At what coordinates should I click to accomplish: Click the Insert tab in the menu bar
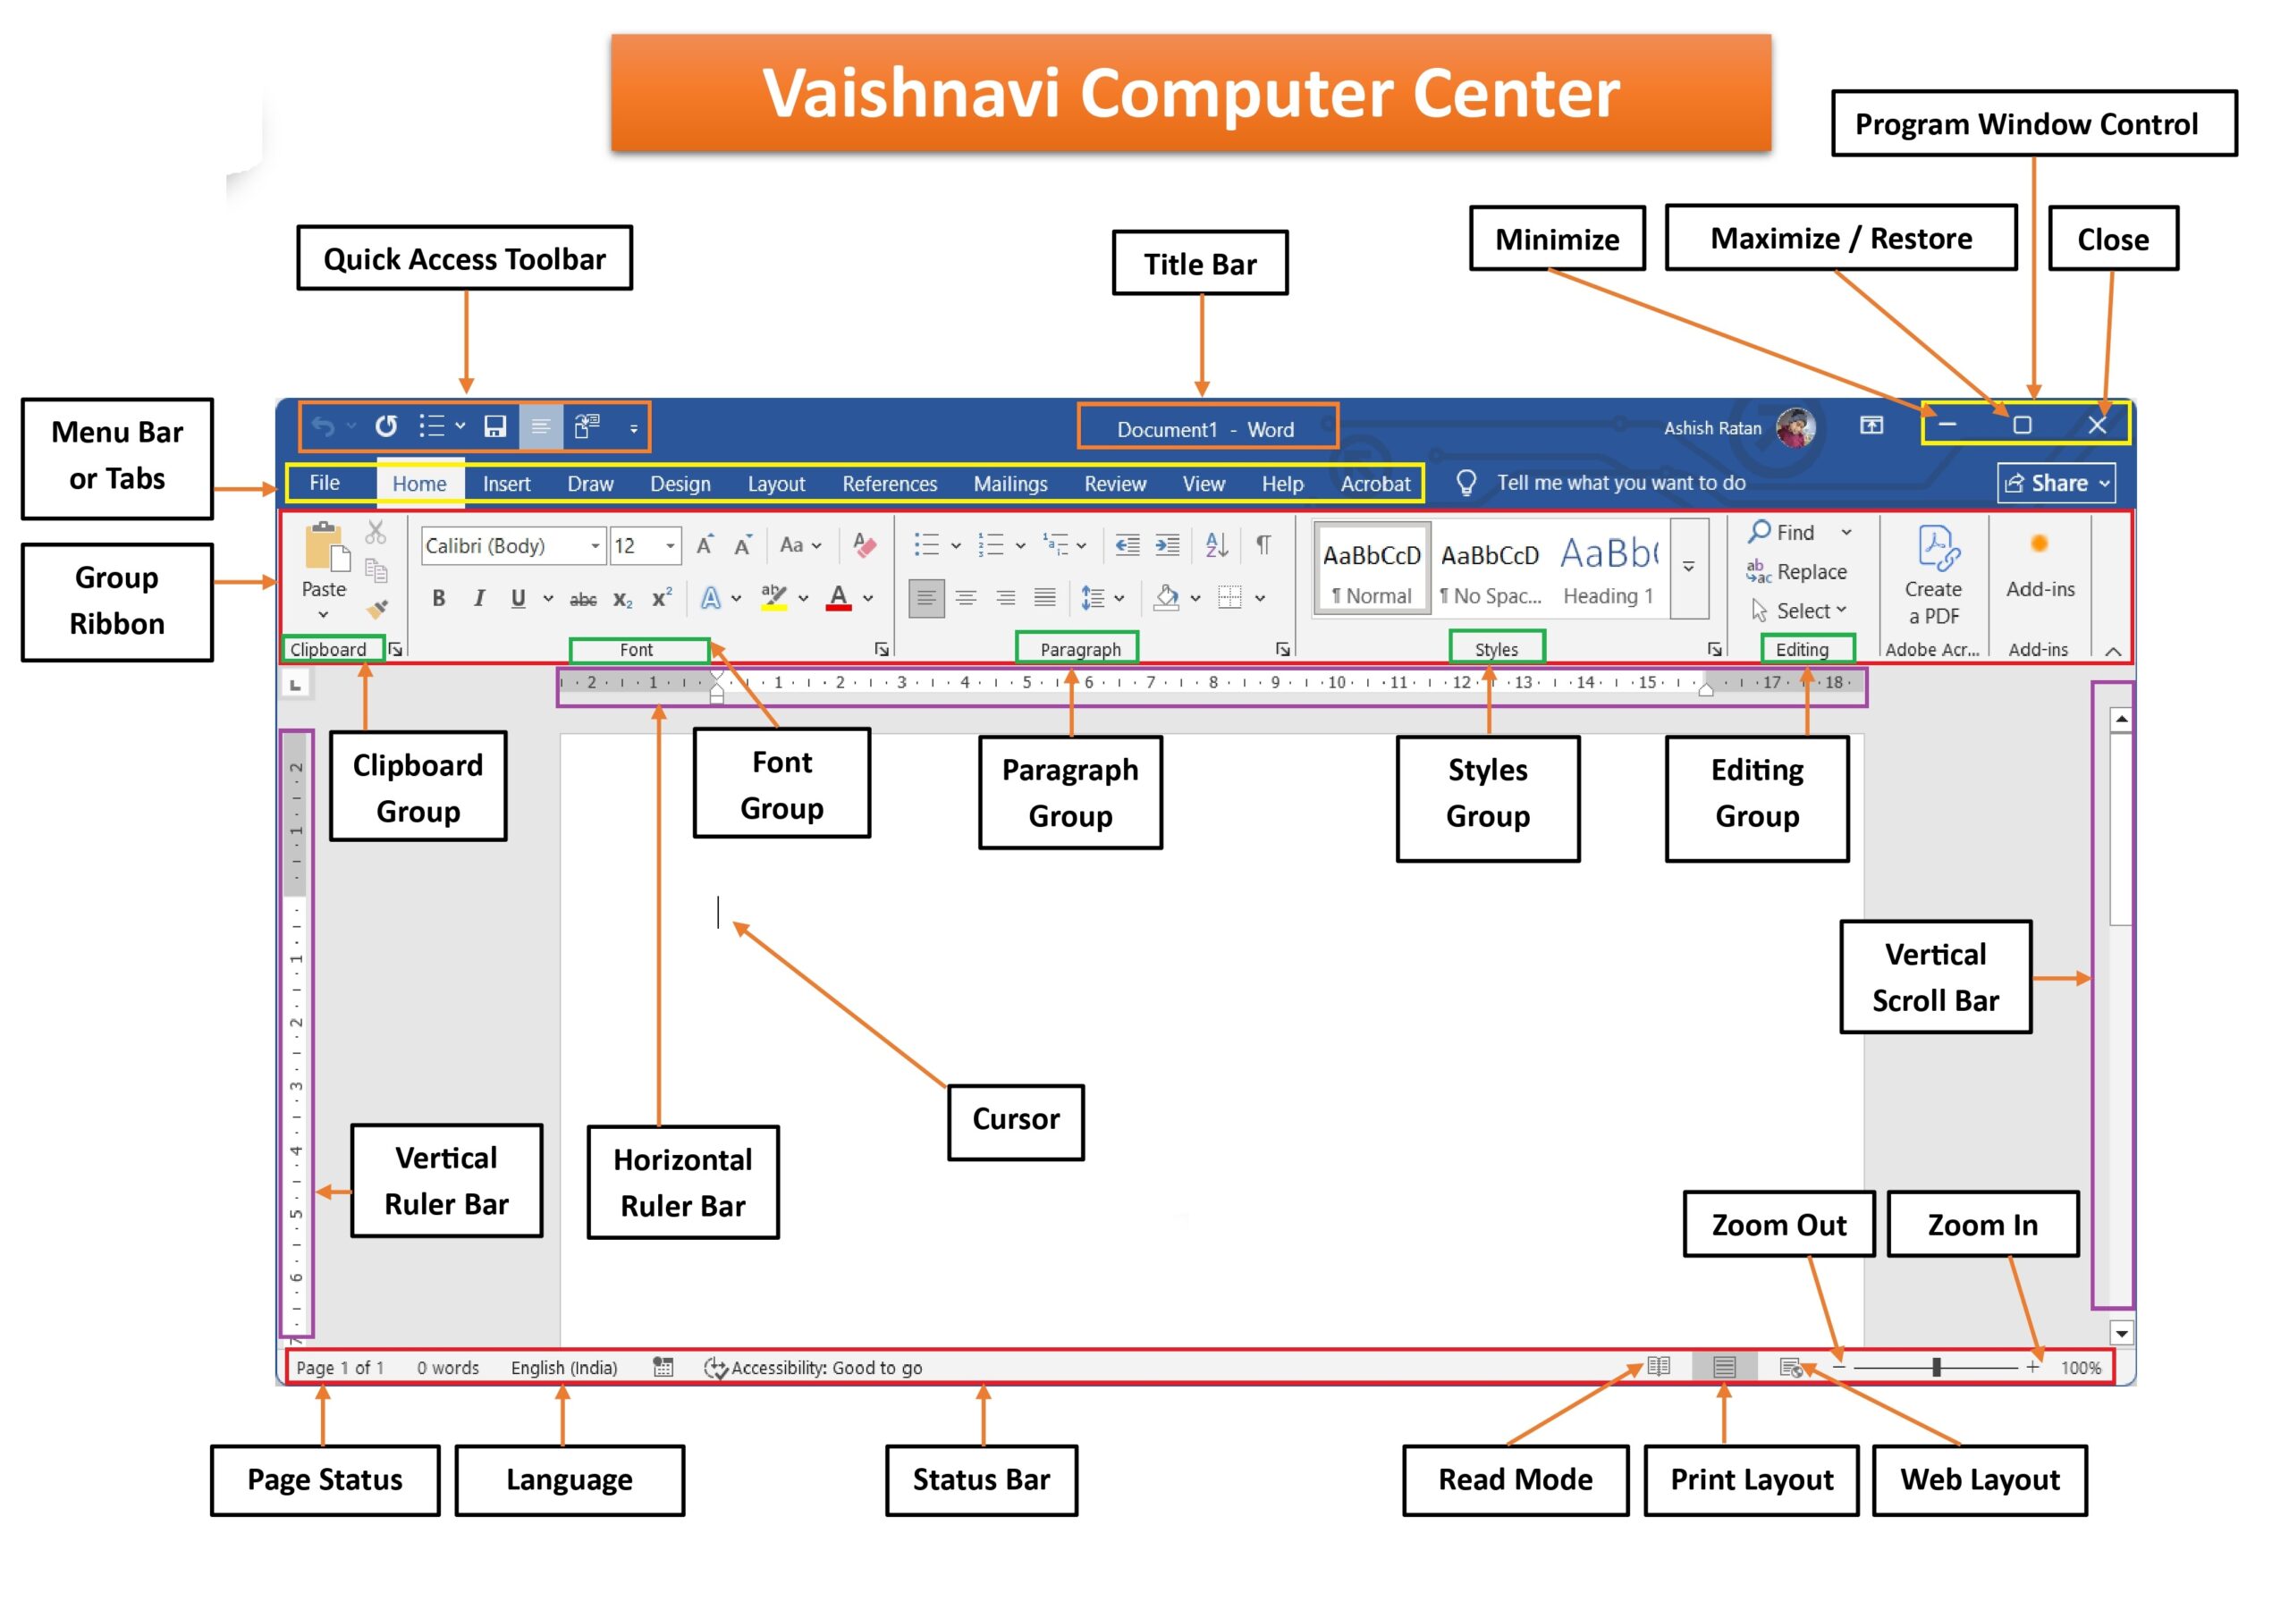click(x=506, y=484)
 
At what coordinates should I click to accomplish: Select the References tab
click(x=890, y=484)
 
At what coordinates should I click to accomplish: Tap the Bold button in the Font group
click(x=437, y=598)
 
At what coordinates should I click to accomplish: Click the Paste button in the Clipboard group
click(x=324, y=569)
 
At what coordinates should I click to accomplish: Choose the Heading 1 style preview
click(x=1608, y=569)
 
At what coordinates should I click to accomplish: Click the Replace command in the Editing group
click(x=1797, y=571)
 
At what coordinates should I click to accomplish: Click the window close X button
click(x=2097, y=426)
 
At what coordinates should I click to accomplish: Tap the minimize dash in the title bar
click(x=1947, y=425)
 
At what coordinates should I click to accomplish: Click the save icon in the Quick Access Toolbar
click(x=495, y=426)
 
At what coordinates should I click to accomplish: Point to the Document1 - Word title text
click(x=1205, y=430)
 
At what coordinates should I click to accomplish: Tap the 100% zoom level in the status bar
click(x=2081, y=1368)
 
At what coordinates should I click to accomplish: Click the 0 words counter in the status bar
click(x=448, y=1368)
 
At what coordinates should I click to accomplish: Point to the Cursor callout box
click(x=1016, y=1122)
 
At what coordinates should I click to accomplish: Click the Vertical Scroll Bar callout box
click(x=1935, y=977)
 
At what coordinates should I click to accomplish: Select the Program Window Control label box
click(x=2034, y=123)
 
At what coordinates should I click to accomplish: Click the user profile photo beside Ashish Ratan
click(x=1795, y=427)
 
